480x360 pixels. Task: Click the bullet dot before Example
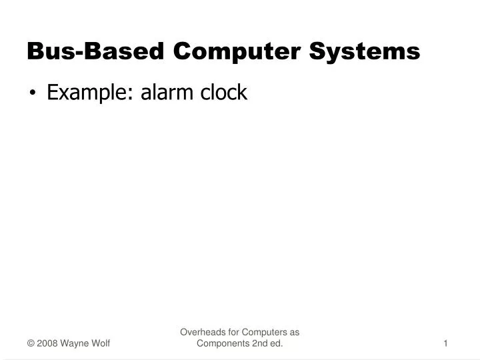[x=33, y=94]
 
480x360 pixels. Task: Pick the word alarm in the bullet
[x=163, y=93]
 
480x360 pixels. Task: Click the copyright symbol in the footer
[x=31, y=343]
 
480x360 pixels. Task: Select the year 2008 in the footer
[x=47, y=343]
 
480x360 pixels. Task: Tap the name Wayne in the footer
[x=75, y=343]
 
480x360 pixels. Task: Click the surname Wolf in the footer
[x=101, y=343]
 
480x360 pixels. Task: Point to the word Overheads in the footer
[x=201, y=332]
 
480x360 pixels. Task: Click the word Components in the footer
[x=223, y=343]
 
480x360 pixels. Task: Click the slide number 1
[x=445, y=343]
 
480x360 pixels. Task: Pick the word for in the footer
[x=232, y=332]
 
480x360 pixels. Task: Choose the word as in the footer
[x=294, y=332]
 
